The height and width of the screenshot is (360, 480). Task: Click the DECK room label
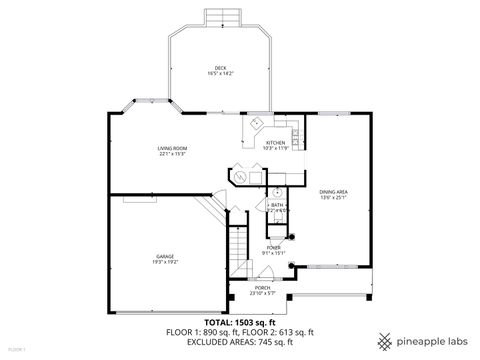(220, 67)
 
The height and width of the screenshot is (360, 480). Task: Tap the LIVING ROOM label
(172, 148)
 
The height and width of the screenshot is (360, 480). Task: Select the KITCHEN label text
(275, 143)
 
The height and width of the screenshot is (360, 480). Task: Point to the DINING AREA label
(333, 191)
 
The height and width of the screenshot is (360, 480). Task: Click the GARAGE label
(165, 256)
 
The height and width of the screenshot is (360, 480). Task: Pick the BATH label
(276, 204)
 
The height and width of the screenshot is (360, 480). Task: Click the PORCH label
(261, 287)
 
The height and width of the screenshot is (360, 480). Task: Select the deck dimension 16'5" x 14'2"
(220, 74)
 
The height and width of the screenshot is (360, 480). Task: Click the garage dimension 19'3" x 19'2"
(165, 263)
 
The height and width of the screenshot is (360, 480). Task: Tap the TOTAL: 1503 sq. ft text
(240, 322)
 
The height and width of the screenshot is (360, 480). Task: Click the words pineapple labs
(431, 339)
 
